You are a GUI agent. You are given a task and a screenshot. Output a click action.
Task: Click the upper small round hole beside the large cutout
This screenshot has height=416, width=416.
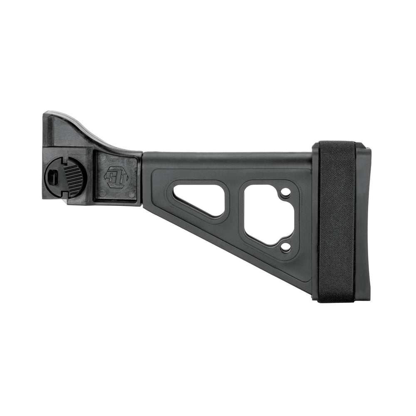(x=285, y=193)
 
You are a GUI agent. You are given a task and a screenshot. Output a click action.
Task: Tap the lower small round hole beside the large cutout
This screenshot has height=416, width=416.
(x=285, y=247)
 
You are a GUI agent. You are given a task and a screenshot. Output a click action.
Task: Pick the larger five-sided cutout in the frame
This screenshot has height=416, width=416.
(x=266, y=214)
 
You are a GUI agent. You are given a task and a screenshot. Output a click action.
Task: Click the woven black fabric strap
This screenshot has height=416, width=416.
(x=337, y=220)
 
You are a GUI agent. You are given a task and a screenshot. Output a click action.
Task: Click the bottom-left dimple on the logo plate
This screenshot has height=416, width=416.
(x=101, y=194)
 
